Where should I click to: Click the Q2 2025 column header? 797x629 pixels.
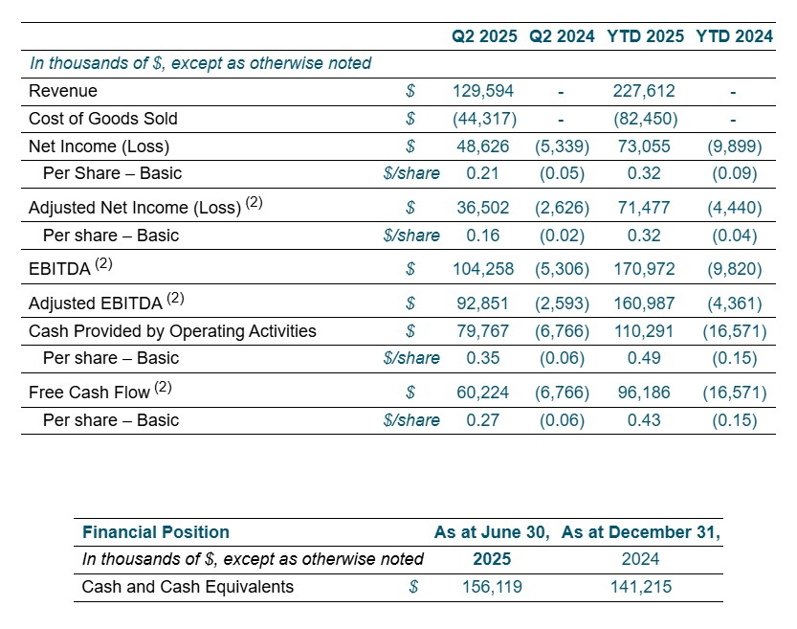[484, 36]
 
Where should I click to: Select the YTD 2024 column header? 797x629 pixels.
[734, 36]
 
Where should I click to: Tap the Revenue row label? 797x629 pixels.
[63, 91]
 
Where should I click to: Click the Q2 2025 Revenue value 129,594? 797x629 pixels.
[483, 91]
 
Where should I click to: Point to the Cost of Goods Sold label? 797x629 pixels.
[103, 119]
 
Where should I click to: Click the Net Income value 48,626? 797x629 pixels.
[483, 146]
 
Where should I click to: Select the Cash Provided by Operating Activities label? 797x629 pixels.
[172, 331]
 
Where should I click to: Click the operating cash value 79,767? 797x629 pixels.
[483, 331]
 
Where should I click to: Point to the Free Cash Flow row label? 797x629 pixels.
[90, 393]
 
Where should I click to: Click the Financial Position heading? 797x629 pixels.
[156, 532]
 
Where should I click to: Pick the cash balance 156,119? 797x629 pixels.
[492, 587]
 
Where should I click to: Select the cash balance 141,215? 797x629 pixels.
[641, 587]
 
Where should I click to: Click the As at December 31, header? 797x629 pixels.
[641, 532]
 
